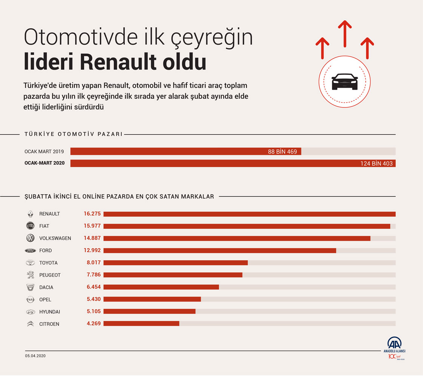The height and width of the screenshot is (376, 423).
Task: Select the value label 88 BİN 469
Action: [x=283, y=152]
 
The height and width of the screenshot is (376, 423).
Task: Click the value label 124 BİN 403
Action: [x=377, y=164]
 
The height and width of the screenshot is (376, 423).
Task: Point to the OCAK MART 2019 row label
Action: [x=44, y=152]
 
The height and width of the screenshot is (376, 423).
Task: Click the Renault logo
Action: [x=30, y=214]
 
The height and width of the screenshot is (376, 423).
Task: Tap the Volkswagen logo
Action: [x=30, y=238]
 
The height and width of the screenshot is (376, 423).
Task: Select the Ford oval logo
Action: [x=30, y=250]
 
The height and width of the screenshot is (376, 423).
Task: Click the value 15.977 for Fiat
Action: [x=92, y=226]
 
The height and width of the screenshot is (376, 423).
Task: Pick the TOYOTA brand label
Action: [x=48, y=263]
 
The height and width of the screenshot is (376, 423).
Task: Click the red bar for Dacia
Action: [x=161, y=287]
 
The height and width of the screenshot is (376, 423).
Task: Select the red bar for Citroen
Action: [x=141, y=324]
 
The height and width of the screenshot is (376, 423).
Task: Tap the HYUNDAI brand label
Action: [x=49, y=312]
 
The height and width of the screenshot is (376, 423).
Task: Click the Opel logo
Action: [x=30, y=300]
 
